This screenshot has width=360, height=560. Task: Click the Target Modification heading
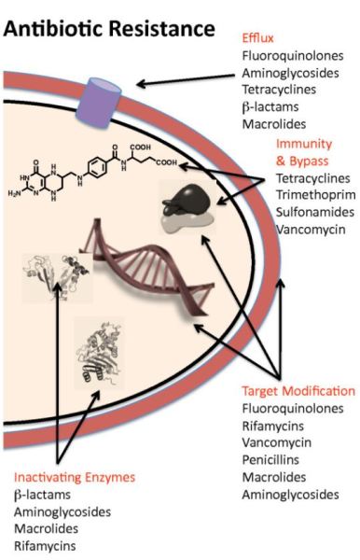[x=298, y=391]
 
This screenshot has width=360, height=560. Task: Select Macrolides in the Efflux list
[x=270, y=123]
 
